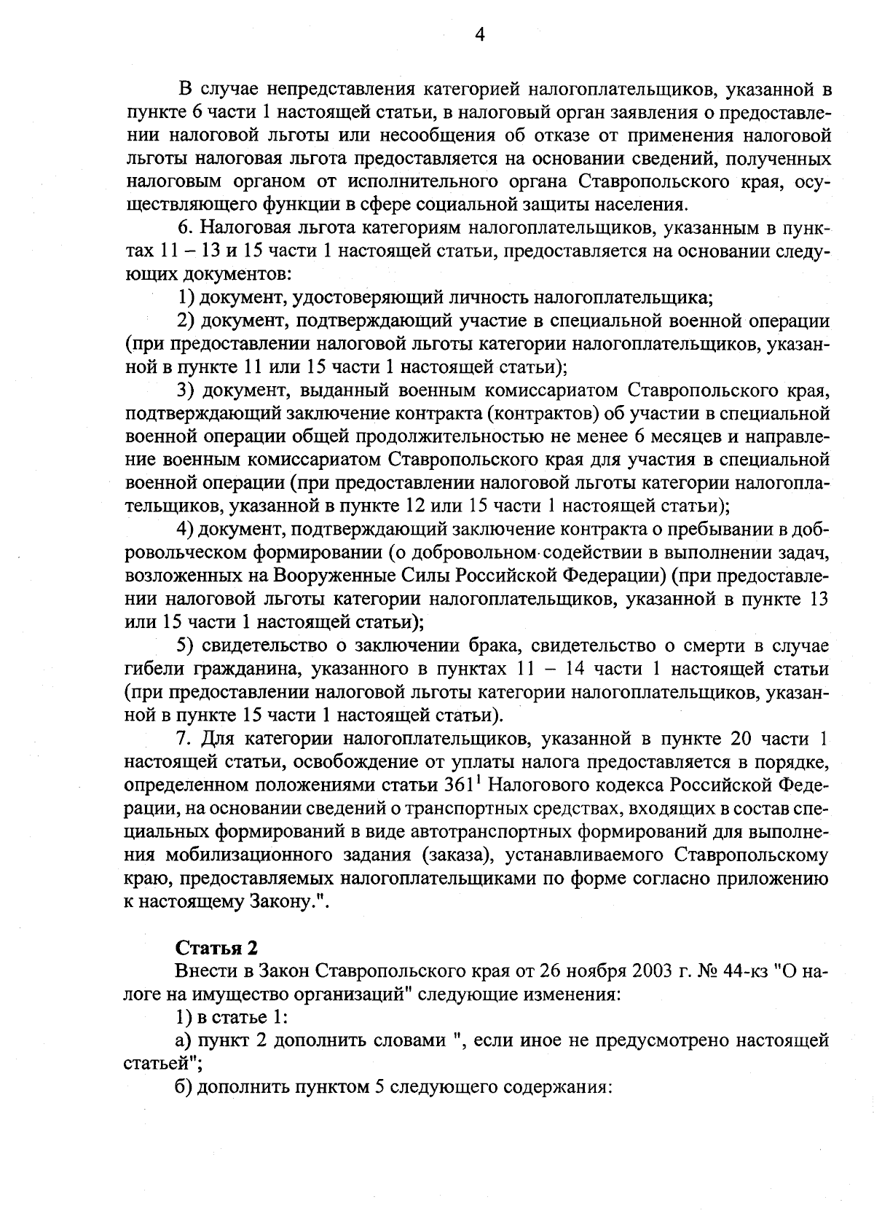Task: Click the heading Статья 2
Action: [217, 948]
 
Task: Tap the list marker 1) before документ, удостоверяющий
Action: [186, 297]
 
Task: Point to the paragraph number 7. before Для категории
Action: [184, 739]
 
